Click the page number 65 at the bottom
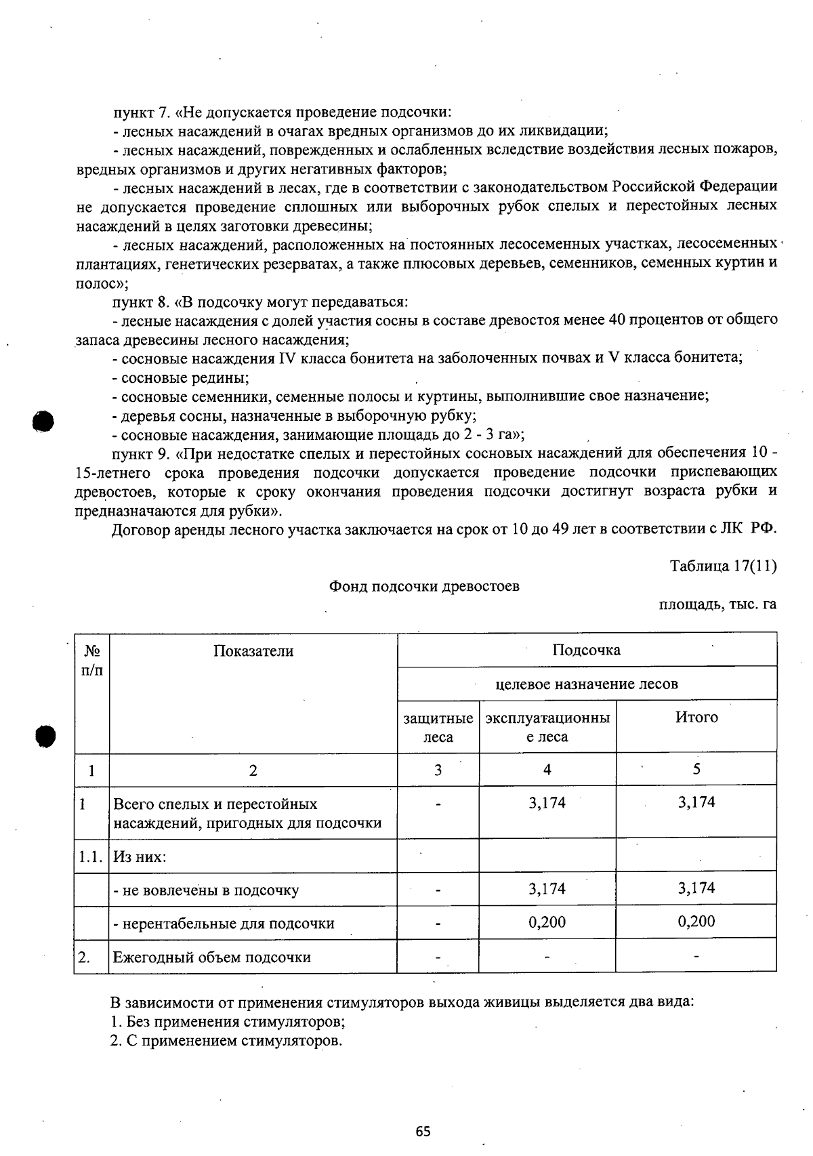pyautogui.click(x=423, y=1131)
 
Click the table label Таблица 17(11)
pyautogui.click(x=723, y=566)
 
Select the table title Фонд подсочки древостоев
pyautogui.click(x=424, y=586)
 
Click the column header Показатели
pyautogui.click(x=253, y=651)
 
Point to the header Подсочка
pyautogui.click(x=586, y=650)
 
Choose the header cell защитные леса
pyautogui.click(x=438, y=727)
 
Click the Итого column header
pyautogui.click(x=696, y=718)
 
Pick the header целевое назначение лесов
pyautogui.click(x=586, y=684)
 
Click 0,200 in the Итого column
pyautogui.click(x=696, y=922)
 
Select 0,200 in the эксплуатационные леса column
pyautogui.click(x=547, y=922)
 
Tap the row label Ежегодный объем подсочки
pyautogui.click(x=211, y=957)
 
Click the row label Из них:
pyautogui.click(x=140, y=856)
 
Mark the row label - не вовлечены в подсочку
pyautogui.click(x=206, y=890)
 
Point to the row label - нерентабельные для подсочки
pyautogui.click(x=224, y=923)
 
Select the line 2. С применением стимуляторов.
pyautogui.click(x=226, y=1041)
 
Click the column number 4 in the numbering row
pyautogui.click(x=547, y=769)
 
